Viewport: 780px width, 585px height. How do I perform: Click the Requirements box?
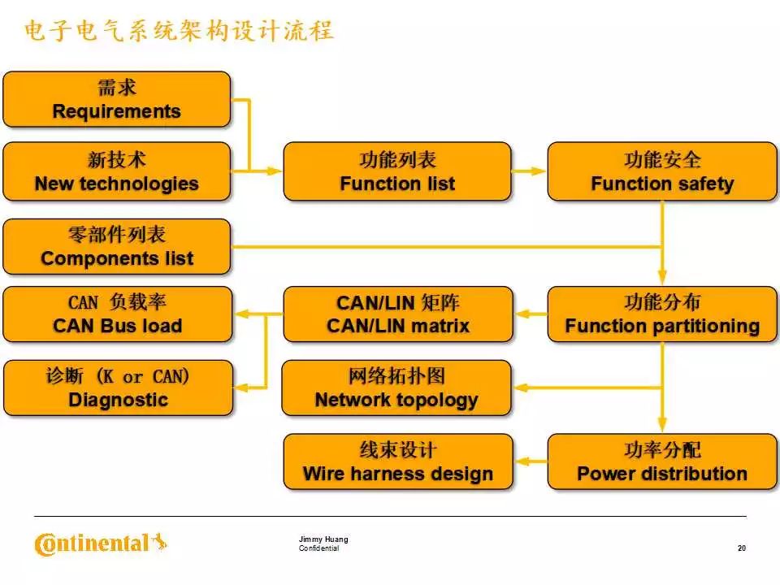[116, 99]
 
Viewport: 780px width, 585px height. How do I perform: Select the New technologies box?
[116, 171]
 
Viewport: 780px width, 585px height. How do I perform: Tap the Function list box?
[397, 171]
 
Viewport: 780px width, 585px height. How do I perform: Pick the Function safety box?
[662, 171]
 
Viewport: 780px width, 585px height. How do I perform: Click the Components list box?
[116, 246]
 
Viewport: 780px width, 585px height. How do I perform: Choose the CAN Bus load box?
[116, 314]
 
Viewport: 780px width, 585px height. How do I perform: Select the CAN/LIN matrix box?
[397, 314]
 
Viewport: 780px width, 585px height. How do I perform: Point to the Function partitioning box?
[662, 314]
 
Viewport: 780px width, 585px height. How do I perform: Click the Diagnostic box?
[116, 388]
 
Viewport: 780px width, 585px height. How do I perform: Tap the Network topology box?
[397, 388]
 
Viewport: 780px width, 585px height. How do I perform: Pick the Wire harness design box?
[397, 461]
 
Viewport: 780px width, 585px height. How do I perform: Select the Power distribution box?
[662, 461]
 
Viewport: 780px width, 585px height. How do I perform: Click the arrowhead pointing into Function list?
[275, 171]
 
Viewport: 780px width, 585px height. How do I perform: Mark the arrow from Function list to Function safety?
[529, 171]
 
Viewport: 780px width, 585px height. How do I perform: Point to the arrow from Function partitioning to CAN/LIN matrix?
[530, 314]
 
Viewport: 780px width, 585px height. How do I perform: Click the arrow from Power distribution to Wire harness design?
[530, 461]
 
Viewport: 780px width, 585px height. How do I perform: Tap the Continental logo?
[100, 543]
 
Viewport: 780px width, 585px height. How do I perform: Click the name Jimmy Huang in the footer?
[323, 539]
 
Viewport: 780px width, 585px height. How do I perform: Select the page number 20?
[741, 548]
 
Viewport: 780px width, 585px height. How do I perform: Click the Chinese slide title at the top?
[179, 31]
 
